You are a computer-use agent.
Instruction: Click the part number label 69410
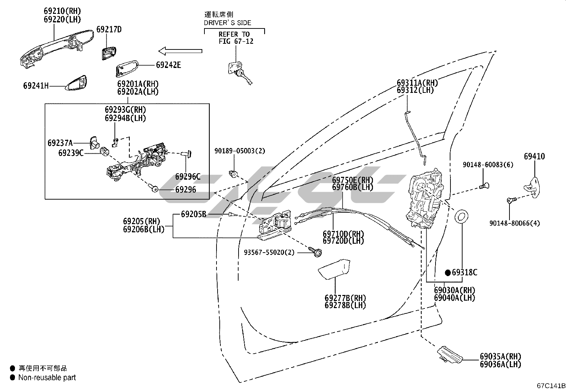[534, 156]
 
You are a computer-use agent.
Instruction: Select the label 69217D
[109, 30]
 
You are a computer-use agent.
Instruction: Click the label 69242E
[169, 65]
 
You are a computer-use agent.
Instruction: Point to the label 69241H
[36, 86]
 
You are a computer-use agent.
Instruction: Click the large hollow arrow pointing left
[180, 51]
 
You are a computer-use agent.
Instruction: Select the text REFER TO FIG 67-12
[234, 38]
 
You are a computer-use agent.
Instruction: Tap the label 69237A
[60, 143]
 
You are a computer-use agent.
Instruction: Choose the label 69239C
[71, 153]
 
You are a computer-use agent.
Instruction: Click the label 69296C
[188, 176]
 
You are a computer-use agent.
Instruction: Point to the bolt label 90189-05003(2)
[240, 151]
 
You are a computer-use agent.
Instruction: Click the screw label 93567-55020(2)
[269, 252]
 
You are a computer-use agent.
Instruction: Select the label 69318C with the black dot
[461, 273]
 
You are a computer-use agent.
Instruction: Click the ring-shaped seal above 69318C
[462, 217]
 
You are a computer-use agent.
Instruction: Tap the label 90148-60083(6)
[488, 165]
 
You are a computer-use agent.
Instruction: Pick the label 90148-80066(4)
[514, 223]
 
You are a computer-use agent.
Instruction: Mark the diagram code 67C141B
[551, 386]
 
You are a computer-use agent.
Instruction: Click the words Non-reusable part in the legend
[47, 377]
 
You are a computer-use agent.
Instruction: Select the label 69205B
[193, 214]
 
